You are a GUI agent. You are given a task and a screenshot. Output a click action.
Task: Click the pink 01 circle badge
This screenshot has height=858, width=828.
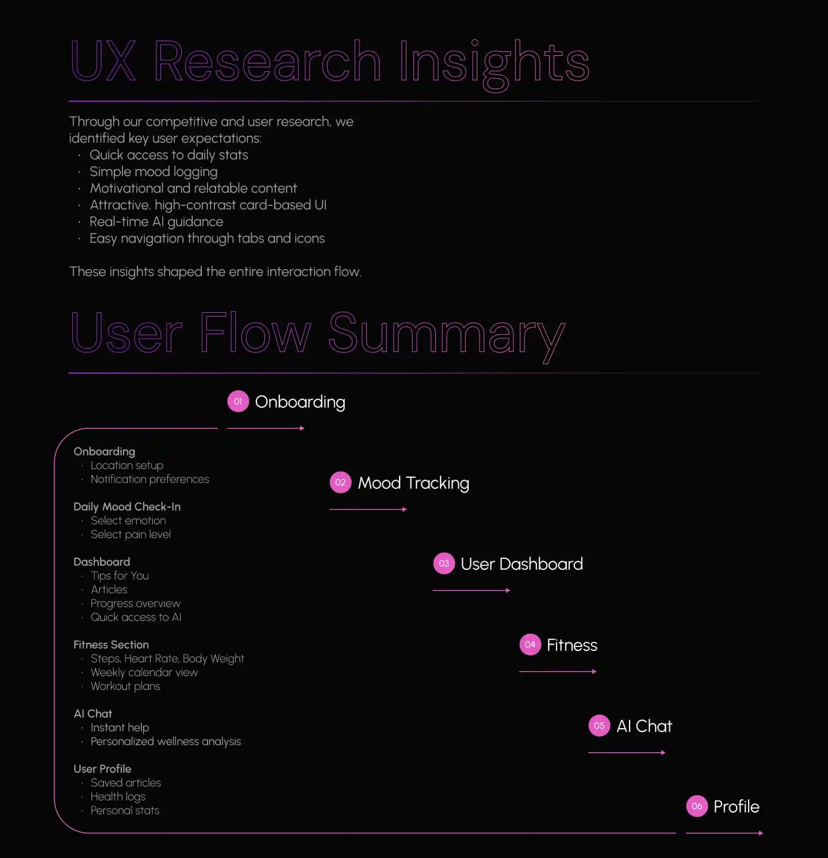click(x=238, y=401)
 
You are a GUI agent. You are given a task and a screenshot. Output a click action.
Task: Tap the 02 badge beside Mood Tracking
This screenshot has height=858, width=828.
click(x=340, y=482)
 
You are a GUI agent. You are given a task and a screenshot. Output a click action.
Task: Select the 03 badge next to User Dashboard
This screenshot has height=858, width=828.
click(x=444, y=564)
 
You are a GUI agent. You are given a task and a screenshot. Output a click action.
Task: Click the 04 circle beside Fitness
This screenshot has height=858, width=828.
click(x=530, y=645)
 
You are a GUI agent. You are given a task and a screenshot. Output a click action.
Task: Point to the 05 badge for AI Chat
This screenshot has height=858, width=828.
click(x=599, y=726)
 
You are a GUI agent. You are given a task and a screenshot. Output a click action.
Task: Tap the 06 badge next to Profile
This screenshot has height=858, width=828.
click(x=697, y=806)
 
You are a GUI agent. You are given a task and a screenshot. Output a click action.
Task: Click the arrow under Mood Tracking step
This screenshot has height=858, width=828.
click(x=368, y=510)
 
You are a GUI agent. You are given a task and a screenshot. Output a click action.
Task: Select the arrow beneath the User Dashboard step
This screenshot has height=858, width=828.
click(x=471, y=591)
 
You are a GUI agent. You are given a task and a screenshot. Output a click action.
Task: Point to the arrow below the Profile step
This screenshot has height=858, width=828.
click(x=724, y=833)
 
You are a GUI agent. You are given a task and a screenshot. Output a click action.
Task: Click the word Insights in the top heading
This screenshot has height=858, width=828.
click(x=494, y=62)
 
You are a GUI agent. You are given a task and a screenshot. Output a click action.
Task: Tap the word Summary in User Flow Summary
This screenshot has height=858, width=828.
click(x=447, y=334)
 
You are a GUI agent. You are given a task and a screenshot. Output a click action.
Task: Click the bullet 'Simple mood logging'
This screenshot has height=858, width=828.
click(x=154, y=171)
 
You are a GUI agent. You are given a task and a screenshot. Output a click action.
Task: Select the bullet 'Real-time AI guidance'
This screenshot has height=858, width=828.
click(x=156, y=221)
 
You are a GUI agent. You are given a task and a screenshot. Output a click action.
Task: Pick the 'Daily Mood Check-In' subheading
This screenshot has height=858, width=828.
click(x=127, y=507)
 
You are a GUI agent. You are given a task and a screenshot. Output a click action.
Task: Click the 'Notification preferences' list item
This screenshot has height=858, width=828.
click(x=149, y=479)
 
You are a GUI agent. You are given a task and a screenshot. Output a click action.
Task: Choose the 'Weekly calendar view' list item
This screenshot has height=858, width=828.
click(x=144, y=672)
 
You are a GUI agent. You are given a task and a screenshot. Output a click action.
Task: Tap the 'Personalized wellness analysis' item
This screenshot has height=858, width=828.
click(x=166, y=741)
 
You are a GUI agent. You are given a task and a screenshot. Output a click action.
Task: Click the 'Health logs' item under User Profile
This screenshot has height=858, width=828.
click(x=118, y=796)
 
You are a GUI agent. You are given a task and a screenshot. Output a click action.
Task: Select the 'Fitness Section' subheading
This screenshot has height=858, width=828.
click(x=111, y=645)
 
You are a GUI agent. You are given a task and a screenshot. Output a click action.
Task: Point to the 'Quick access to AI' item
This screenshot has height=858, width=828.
click(x=136, y=617)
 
